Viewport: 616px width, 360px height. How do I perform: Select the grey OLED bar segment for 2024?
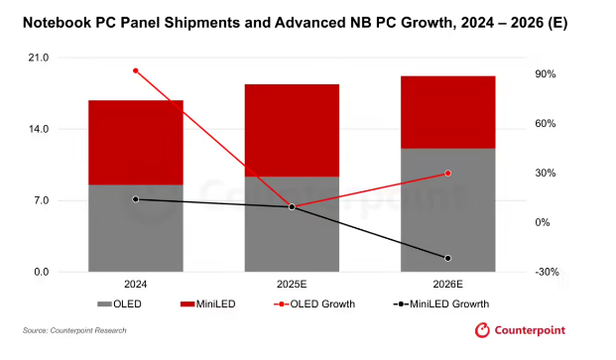pos(136,228)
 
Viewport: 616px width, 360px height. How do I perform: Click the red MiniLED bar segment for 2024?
pos(136,142)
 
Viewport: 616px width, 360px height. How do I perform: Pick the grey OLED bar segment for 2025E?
pos(292,224)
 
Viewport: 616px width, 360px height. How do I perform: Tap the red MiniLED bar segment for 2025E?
pos(292,130)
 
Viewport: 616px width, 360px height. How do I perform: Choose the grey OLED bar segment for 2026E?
pos(447,210)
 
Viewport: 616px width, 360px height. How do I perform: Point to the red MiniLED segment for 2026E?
pos(447,112)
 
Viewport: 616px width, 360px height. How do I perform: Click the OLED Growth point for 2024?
pos(136,70)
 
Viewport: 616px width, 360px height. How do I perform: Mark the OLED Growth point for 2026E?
pos(447,174)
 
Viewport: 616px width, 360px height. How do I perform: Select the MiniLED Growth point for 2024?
pos(136,199)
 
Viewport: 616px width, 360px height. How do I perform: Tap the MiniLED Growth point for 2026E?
pos(447,259)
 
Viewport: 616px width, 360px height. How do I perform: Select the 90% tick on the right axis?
pos(546,74)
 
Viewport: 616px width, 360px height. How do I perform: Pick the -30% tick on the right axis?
pos(545,272)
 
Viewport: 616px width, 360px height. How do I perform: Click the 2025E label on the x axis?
pos(292,285)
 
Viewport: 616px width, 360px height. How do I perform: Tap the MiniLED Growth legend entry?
pos(440,303)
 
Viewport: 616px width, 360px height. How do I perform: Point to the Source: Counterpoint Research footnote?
pos(74,330)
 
